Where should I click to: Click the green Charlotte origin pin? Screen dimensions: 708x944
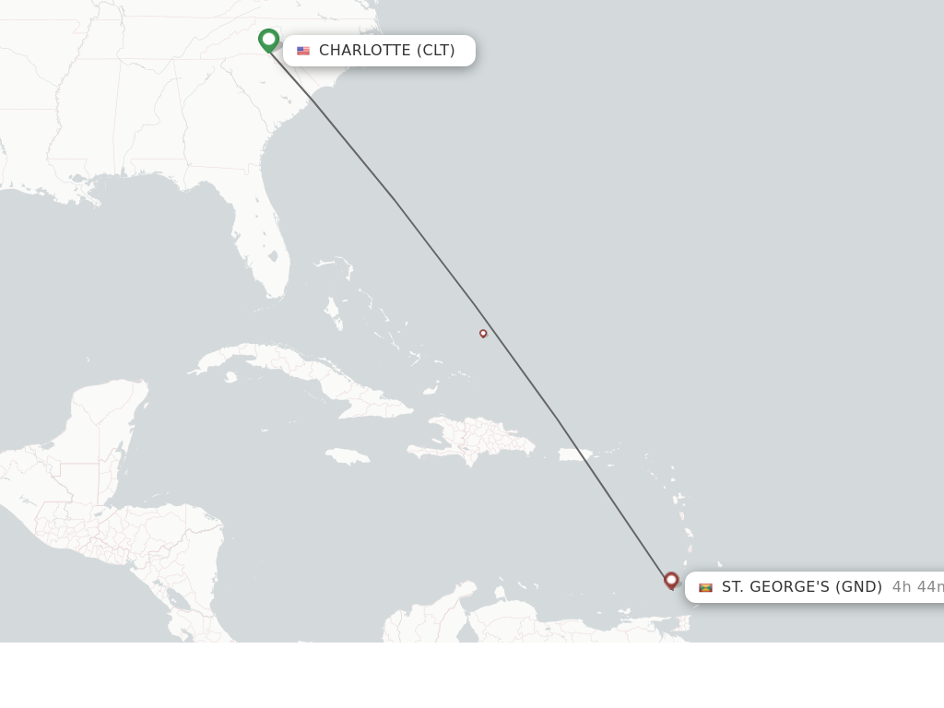[268, 40]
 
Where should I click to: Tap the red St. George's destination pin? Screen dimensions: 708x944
[671, 580]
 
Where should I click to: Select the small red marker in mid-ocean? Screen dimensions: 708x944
[483, 334]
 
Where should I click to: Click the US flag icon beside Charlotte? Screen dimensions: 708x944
[303, 51]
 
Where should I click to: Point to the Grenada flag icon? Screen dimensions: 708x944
[705, 587]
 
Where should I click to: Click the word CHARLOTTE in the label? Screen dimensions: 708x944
[364, 51]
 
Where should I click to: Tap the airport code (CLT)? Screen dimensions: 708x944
[436, 51]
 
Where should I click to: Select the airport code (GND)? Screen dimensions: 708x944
[858, 587]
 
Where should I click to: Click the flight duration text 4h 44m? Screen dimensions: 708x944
[916, 587]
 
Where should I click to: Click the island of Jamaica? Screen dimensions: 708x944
[348, 456]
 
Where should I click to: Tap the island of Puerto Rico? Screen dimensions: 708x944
[574, 454]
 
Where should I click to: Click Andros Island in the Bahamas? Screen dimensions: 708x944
[334, 313]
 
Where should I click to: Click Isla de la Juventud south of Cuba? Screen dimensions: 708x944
[230, 377]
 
